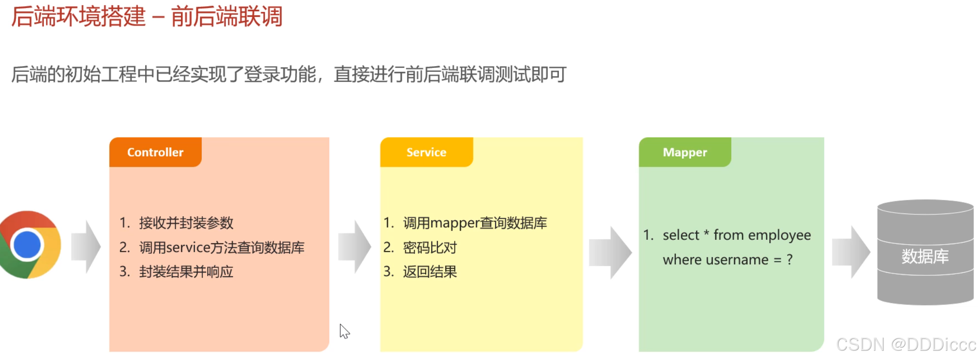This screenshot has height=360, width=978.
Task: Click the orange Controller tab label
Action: click(155, 152)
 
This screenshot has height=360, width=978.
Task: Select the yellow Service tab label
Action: click(426, 152)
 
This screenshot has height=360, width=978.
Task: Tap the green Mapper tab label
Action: click(685, 152)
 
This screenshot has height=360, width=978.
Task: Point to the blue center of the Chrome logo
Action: click(27, 245)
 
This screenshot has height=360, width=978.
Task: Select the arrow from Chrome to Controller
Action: click(86, 247)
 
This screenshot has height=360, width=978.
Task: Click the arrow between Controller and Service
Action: click(355, 247)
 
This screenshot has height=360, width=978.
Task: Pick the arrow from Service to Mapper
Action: click(610, 253)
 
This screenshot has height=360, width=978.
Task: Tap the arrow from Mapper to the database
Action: click(851, 252)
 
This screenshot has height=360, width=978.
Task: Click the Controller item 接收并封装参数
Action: click(186, 223)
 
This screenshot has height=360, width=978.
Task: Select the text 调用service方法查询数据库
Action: click(222, 247)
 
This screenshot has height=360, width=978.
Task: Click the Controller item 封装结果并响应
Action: click(186, 272)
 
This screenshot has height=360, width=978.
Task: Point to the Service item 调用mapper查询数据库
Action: click(475, 223)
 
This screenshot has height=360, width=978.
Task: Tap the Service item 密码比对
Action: click(430, 247)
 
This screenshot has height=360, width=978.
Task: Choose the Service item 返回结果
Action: click(430, 272)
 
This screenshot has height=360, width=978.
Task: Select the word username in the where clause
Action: click(741, 260)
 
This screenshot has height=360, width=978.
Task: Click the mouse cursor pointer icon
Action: click(345, 331)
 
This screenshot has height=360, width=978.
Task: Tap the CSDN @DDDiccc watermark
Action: click(906, 345)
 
